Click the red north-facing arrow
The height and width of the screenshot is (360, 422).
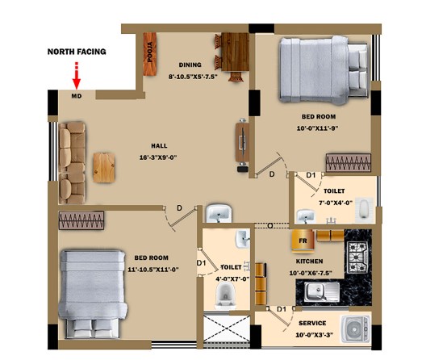[x=77, y=76]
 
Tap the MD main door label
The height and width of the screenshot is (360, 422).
[x=77, y=96]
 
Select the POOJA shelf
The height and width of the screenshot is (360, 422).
[x=149, y=54]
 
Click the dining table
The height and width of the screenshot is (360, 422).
[x=235, y=52]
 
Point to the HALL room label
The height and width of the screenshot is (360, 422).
[x=159, y=146]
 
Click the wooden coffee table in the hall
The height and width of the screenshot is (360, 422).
[x=104, y=167]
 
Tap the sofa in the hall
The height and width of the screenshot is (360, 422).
[x=72, y=163]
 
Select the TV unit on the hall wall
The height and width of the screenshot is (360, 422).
[x=242, y=143]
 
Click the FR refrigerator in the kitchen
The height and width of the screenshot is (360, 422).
[x=303, y=241]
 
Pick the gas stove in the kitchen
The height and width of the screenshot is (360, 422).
[x=357, y=256]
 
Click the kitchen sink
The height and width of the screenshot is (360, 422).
[x=322, y=291]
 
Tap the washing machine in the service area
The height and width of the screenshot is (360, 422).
[x=356, y=329]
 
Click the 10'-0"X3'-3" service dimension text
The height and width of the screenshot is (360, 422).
[x=315, y=335]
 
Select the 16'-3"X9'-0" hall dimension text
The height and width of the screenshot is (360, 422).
[x=158, y=157]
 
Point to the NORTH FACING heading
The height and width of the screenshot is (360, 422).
[x=77, y=52]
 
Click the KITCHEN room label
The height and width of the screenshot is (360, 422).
[x=310, y=262]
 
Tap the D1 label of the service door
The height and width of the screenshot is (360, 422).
[x=282, y=309]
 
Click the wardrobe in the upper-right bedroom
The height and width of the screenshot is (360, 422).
[x=349, y=162]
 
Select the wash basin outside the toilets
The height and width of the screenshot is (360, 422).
[x=219, y=213]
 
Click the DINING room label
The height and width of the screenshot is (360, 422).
[x=190, y=65]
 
